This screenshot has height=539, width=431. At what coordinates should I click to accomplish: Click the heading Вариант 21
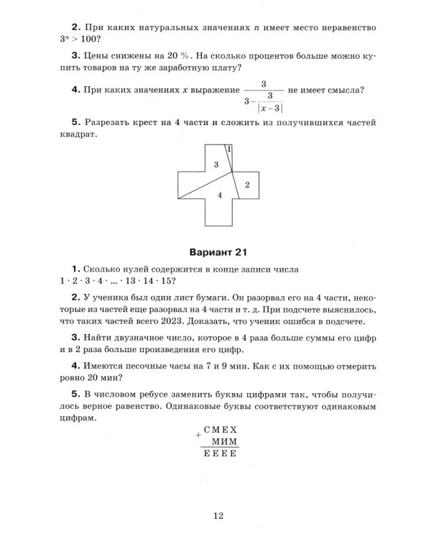[216, 252]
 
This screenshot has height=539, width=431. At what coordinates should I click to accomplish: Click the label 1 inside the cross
[228, 149]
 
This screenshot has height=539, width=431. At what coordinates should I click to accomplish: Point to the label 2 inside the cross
[246, 185]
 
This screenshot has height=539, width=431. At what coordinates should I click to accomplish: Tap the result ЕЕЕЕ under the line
[221, 455]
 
